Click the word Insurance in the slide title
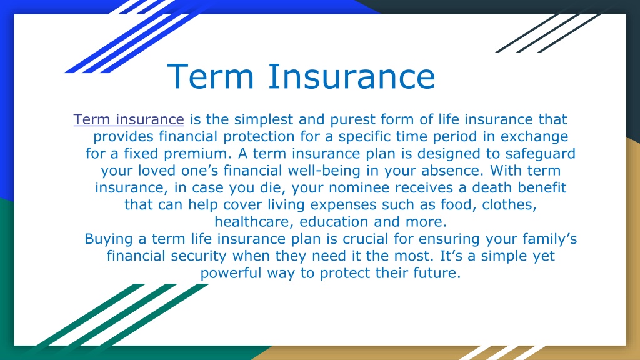pos(352,76)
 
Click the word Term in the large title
pos(211,76)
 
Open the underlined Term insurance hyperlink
pos(129,119)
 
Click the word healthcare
pos(254,222)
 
